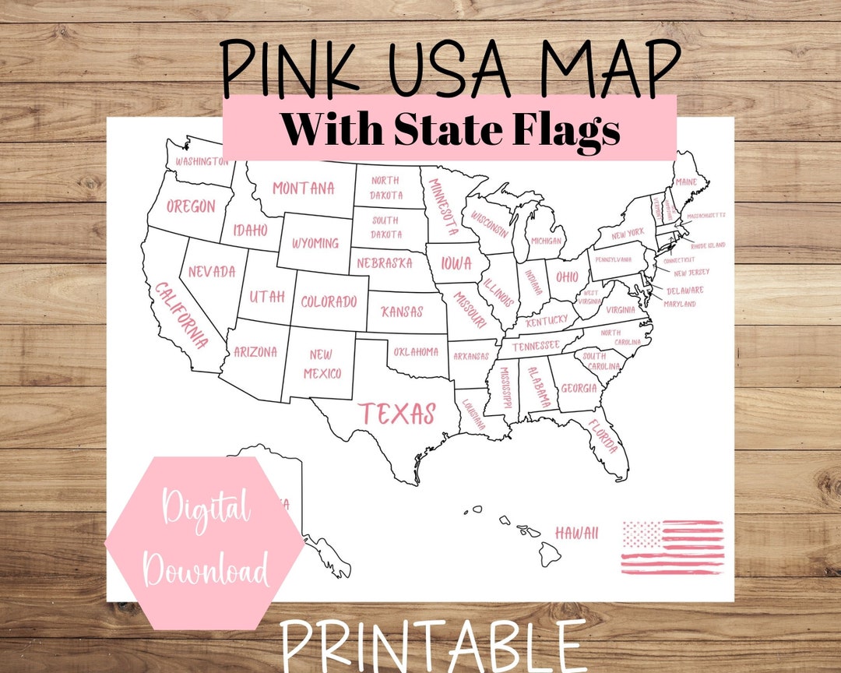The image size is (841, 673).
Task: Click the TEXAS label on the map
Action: point(396,414)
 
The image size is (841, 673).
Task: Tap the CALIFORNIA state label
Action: point(181,314)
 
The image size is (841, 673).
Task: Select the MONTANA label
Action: point(303,189)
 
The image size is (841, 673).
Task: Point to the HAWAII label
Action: point(576,533)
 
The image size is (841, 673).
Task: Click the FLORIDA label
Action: point(604,436)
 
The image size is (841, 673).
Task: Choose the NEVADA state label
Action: point(211,272)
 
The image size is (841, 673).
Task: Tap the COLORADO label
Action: point(329,301)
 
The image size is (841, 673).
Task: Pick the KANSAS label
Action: point(402,312)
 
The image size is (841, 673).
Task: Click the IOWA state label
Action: point(456,263)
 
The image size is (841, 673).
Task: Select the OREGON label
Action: point(191,206)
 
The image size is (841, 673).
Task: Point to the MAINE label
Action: point(686,182)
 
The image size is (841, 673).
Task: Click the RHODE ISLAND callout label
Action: point(707,245)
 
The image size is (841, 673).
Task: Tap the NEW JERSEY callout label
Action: point(691,273)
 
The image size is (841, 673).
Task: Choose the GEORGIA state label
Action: point(579,388)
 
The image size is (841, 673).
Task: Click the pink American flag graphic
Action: point(672,547)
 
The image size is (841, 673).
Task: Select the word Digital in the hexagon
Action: point(206,510)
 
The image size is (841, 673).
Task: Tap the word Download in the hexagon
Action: point(206,570)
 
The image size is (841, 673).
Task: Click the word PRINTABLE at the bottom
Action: point(433,647)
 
